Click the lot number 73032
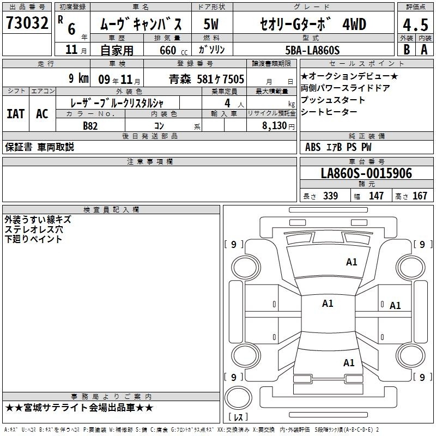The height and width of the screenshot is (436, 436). pyautogui.click(x=27, y=23)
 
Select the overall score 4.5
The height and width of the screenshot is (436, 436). pyautogui.click(x=415, y=25)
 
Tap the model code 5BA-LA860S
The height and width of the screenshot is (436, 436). pyautogui.click(x=312, y=50)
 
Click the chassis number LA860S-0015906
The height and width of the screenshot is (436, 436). pyautogui.click(x=366, y=173)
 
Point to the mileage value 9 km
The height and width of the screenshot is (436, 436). pyautogui.click(x=78, y=78)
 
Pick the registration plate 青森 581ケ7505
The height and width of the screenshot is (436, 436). pyautogui.click(x=207, y=79)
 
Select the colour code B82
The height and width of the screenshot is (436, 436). pyautogui.click(x=90, y=126)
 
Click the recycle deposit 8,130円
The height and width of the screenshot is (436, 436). pyautogui.click(x=278, y=126)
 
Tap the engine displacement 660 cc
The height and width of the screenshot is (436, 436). pyautogui.click(x=173, y=50)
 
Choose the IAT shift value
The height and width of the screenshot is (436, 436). pyautogui.click(x=16, y=114)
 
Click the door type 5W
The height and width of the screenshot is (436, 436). pyautogui.click(x=211, y=24)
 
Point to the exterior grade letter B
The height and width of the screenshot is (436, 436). pyautogui.click(x=407, y=50)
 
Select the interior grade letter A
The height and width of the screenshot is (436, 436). pyautogui.click(x=424, y=50)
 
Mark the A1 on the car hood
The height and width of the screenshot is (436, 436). pyautogui.click(x=352, y=262)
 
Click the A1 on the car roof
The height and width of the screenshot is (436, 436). pyautogui.click(x=328, y=304)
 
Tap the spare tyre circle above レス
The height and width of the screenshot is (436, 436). pyautogui.click(x=238, y=397)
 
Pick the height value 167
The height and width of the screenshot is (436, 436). pyautogui.click(x=420, y=196)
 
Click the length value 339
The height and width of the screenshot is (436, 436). pyautogui.click(x=331, y=196)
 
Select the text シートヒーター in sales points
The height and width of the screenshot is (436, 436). pyautogui.click(x=329, y=112)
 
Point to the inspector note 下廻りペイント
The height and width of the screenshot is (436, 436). pyautogui.click(x=33, y=239)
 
